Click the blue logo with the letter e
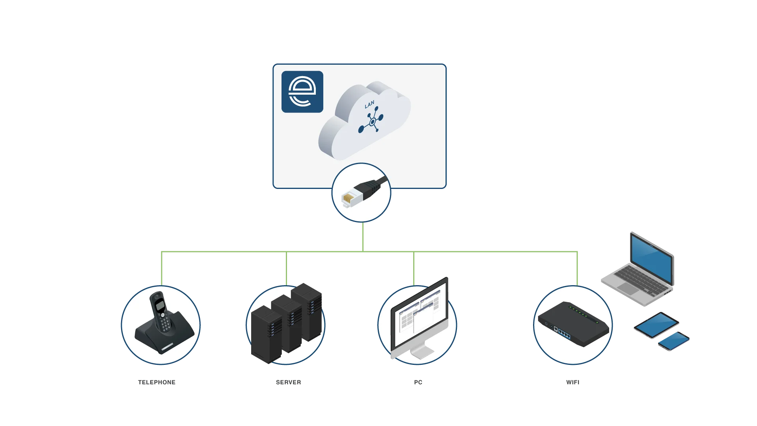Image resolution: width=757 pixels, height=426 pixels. (x=302, y=92)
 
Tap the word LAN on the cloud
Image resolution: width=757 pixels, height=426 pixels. (x=369, y=105)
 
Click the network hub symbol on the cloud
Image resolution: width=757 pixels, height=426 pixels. (x=371, y=123)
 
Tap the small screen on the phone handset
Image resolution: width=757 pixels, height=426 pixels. (x=159, y=305)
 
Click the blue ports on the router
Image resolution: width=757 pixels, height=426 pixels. (x=564, y=334)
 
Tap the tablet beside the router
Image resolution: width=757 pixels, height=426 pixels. (x=656, y=325)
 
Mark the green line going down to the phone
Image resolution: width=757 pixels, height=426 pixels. (x=162, y=268)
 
